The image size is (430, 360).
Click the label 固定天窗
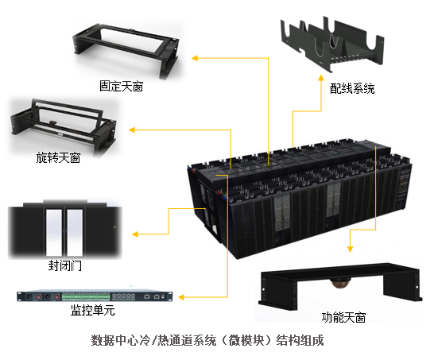pos(122,86)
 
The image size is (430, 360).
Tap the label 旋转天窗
pos(58,157)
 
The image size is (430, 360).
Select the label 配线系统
pos(352,88)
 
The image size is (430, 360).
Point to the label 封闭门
pos(65,265)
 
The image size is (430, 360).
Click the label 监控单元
pos(93,310)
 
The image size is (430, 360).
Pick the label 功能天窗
pos(343,317)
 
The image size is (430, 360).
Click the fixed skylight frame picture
pos(126,50)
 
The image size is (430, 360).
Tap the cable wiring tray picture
pos(332,44)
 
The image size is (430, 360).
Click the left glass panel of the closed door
pos(54,233)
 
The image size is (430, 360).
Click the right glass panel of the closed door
pos(75,233)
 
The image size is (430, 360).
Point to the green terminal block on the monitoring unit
pos(86,296)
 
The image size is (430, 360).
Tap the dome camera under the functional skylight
pos(338,283)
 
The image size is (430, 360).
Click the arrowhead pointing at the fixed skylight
pos(195,58)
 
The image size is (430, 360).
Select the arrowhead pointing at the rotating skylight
pos(132,130)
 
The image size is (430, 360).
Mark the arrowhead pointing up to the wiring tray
pos(321,78)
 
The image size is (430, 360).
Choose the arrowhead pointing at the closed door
pos(135,234)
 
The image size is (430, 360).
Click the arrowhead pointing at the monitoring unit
pos(181,297)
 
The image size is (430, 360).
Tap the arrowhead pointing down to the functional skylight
pos(350,249)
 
